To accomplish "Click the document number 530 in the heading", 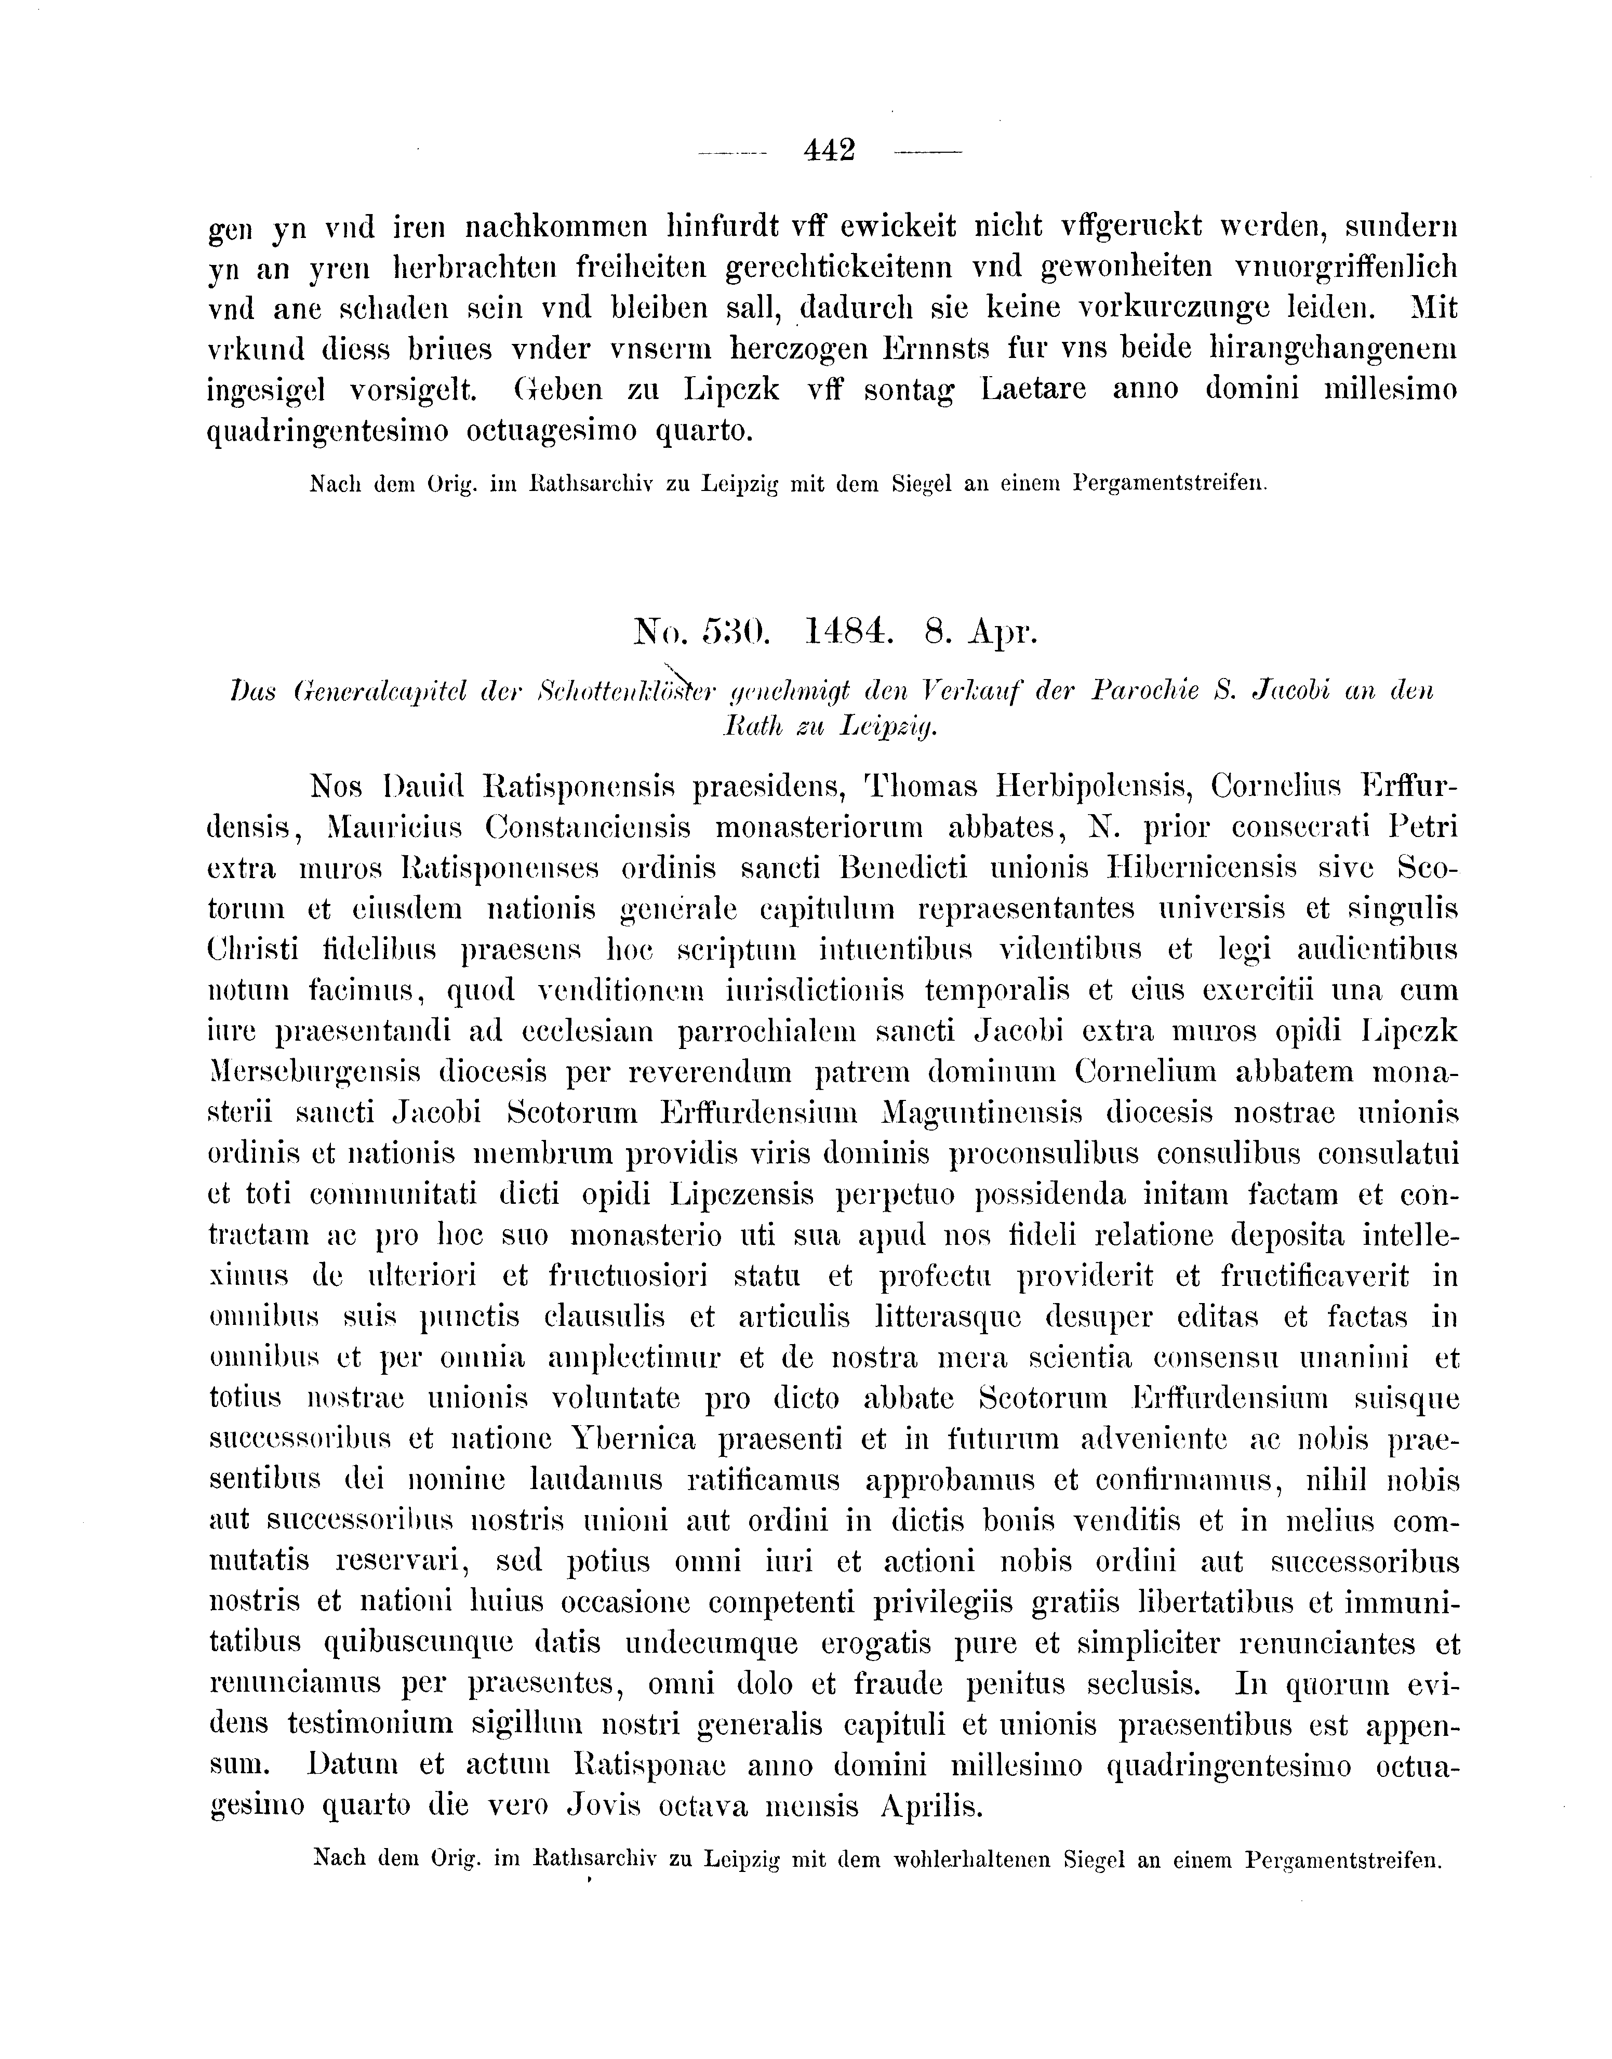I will [x=722, y=632].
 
